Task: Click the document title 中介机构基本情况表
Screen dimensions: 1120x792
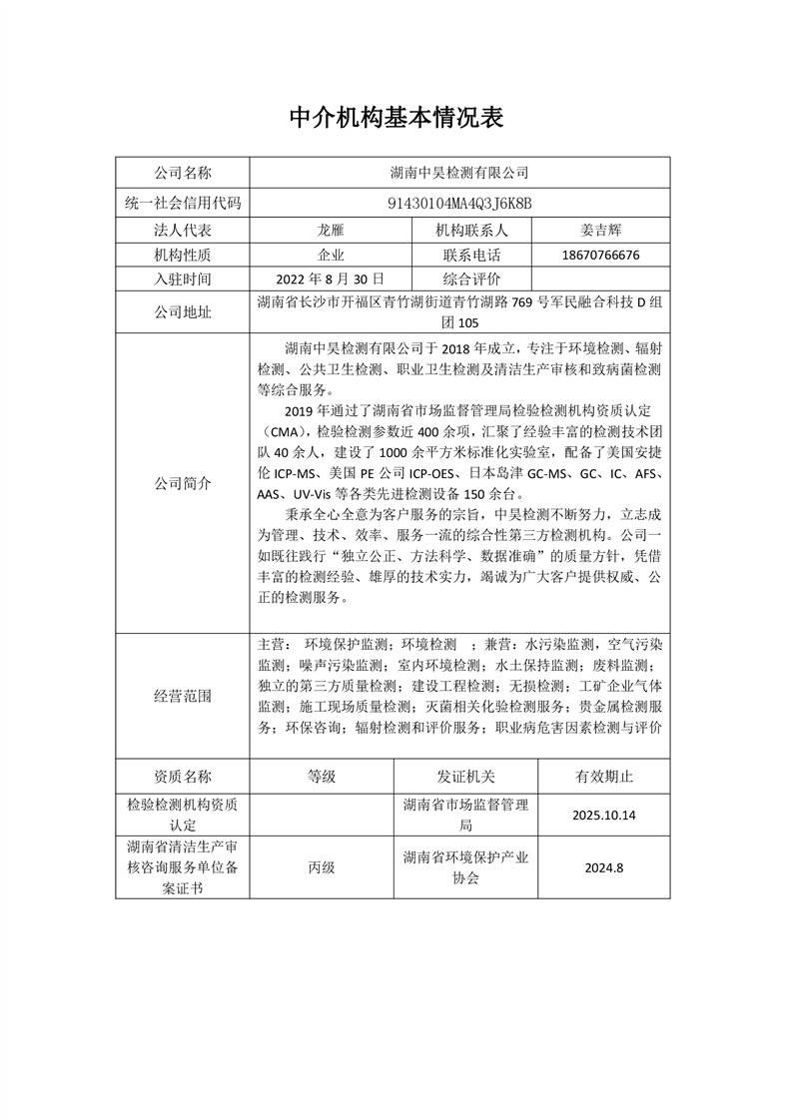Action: (x=396, y=118)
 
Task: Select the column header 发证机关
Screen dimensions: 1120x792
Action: (x=465, y=776)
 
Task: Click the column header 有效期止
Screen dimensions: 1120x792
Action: (x=603, y=776)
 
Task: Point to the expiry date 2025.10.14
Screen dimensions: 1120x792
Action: (x=604, y=816)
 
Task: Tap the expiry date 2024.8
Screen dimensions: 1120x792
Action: (x=604, y=867)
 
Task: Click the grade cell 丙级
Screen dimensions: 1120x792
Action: (x=322, y=867)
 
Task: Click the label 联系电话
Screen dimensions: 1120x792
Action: (x=470, y=255)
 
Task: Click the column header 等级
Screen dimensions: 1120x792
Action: (x=322, y=776)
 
